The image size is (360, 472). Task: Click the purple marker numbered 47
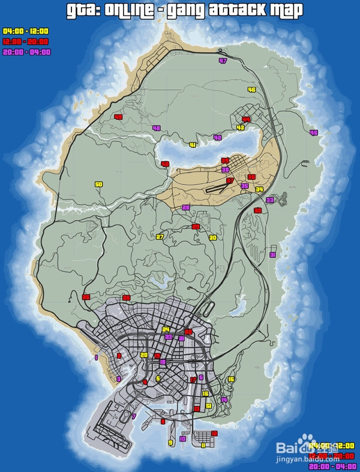coord(223,61)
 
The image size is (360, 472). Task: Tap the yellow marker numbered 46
coord(251,90)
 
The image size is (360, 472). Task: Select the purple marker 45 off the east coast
coord(313,133)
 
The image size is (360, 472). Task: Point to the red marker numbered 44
coord(246,119)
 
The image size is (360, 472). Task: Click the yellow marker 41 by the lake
coord(193,145)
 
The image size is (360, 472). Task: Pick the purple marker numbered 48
coord(157,128)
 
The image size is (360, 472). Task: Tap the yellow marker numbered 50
coord(98,184)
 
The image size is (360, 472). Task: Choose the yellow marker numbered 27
coord(160,237)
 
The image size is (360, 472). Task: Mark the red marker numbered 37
coord(230,180)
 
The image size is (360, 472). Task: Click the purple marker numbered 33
coord(269,200)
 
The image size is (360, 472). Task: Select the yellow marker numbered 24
coord(166,329)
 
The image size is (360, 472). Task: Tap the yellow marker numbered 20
coord(143,355)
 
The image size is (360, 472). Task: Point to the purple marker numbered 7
coord(134,416)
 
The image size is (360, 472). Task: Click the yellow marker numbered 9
coord(170,443)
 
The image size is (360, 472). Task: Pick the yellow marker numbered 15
coord(231,379)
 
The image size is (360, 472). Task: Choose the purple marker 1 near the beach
coord(96,357)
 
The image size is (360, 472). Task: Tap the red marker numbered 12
coord(214,433)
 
